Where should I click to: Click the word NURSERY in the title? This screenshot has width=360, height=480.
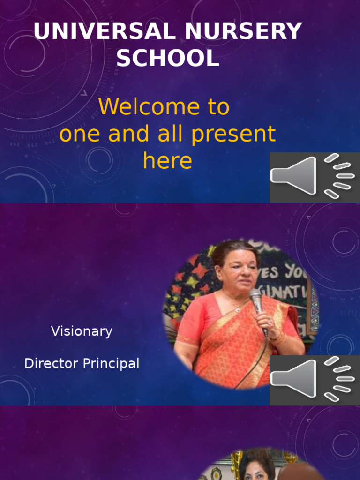coord(243,32)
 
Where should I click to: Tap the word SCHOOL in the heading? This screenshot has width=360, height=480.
coord(168,59)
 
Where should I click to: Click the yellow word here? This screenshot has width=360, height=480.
coord(167,161)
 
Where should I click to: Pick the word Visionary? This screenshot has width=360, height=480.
coord(82,331)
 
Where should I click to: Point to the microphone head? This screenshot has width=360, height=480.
coord(255,296)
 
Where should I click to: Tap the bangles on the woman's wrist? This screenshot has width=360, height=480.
coord(277,337)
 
